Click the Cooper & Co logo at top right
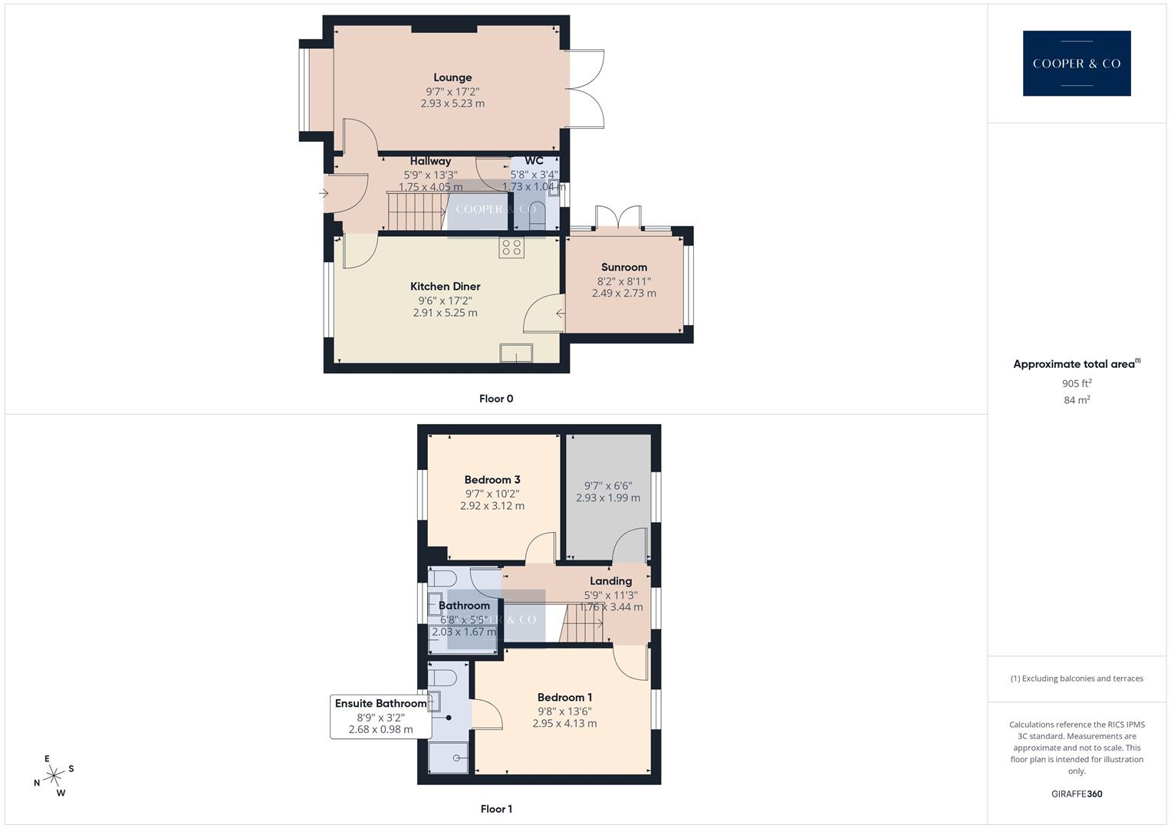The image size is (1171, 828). (1076, 63)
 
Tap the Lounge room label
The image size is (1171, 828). (452, 77)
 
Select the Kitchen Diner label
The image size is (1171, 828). (445, 287)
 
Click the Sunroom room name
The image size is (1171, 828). (623, 268)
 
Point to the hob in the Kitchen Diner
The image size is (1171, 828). (511, 248)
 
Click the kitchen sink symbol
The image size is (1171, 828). (516, 353)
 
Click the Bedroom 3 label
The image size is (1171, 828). (492, 480)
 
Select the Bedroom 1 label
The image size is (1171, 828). (564, 698)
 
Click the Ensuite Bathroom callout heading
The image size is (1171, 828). (380, 704)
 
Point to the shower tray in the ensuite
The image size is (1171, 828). (449, 757)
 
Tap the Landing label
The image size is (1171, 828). (610, 581)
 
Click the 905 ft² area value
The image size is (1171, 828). (1077, 383)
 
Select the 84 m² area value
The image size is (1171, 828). (1077, 400)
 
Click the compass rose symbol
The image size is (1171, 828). (54, 776)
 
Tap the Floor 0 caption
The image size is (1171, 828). (496, 399)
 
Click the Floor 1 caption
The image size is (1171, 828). (496, 809)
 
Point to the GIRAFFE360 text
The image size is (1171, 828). (1077, 794)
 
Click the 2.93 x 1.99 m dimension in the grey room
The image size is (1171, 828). (608, 498)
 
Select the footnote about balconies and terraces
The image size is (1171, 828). (1077, 678)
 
